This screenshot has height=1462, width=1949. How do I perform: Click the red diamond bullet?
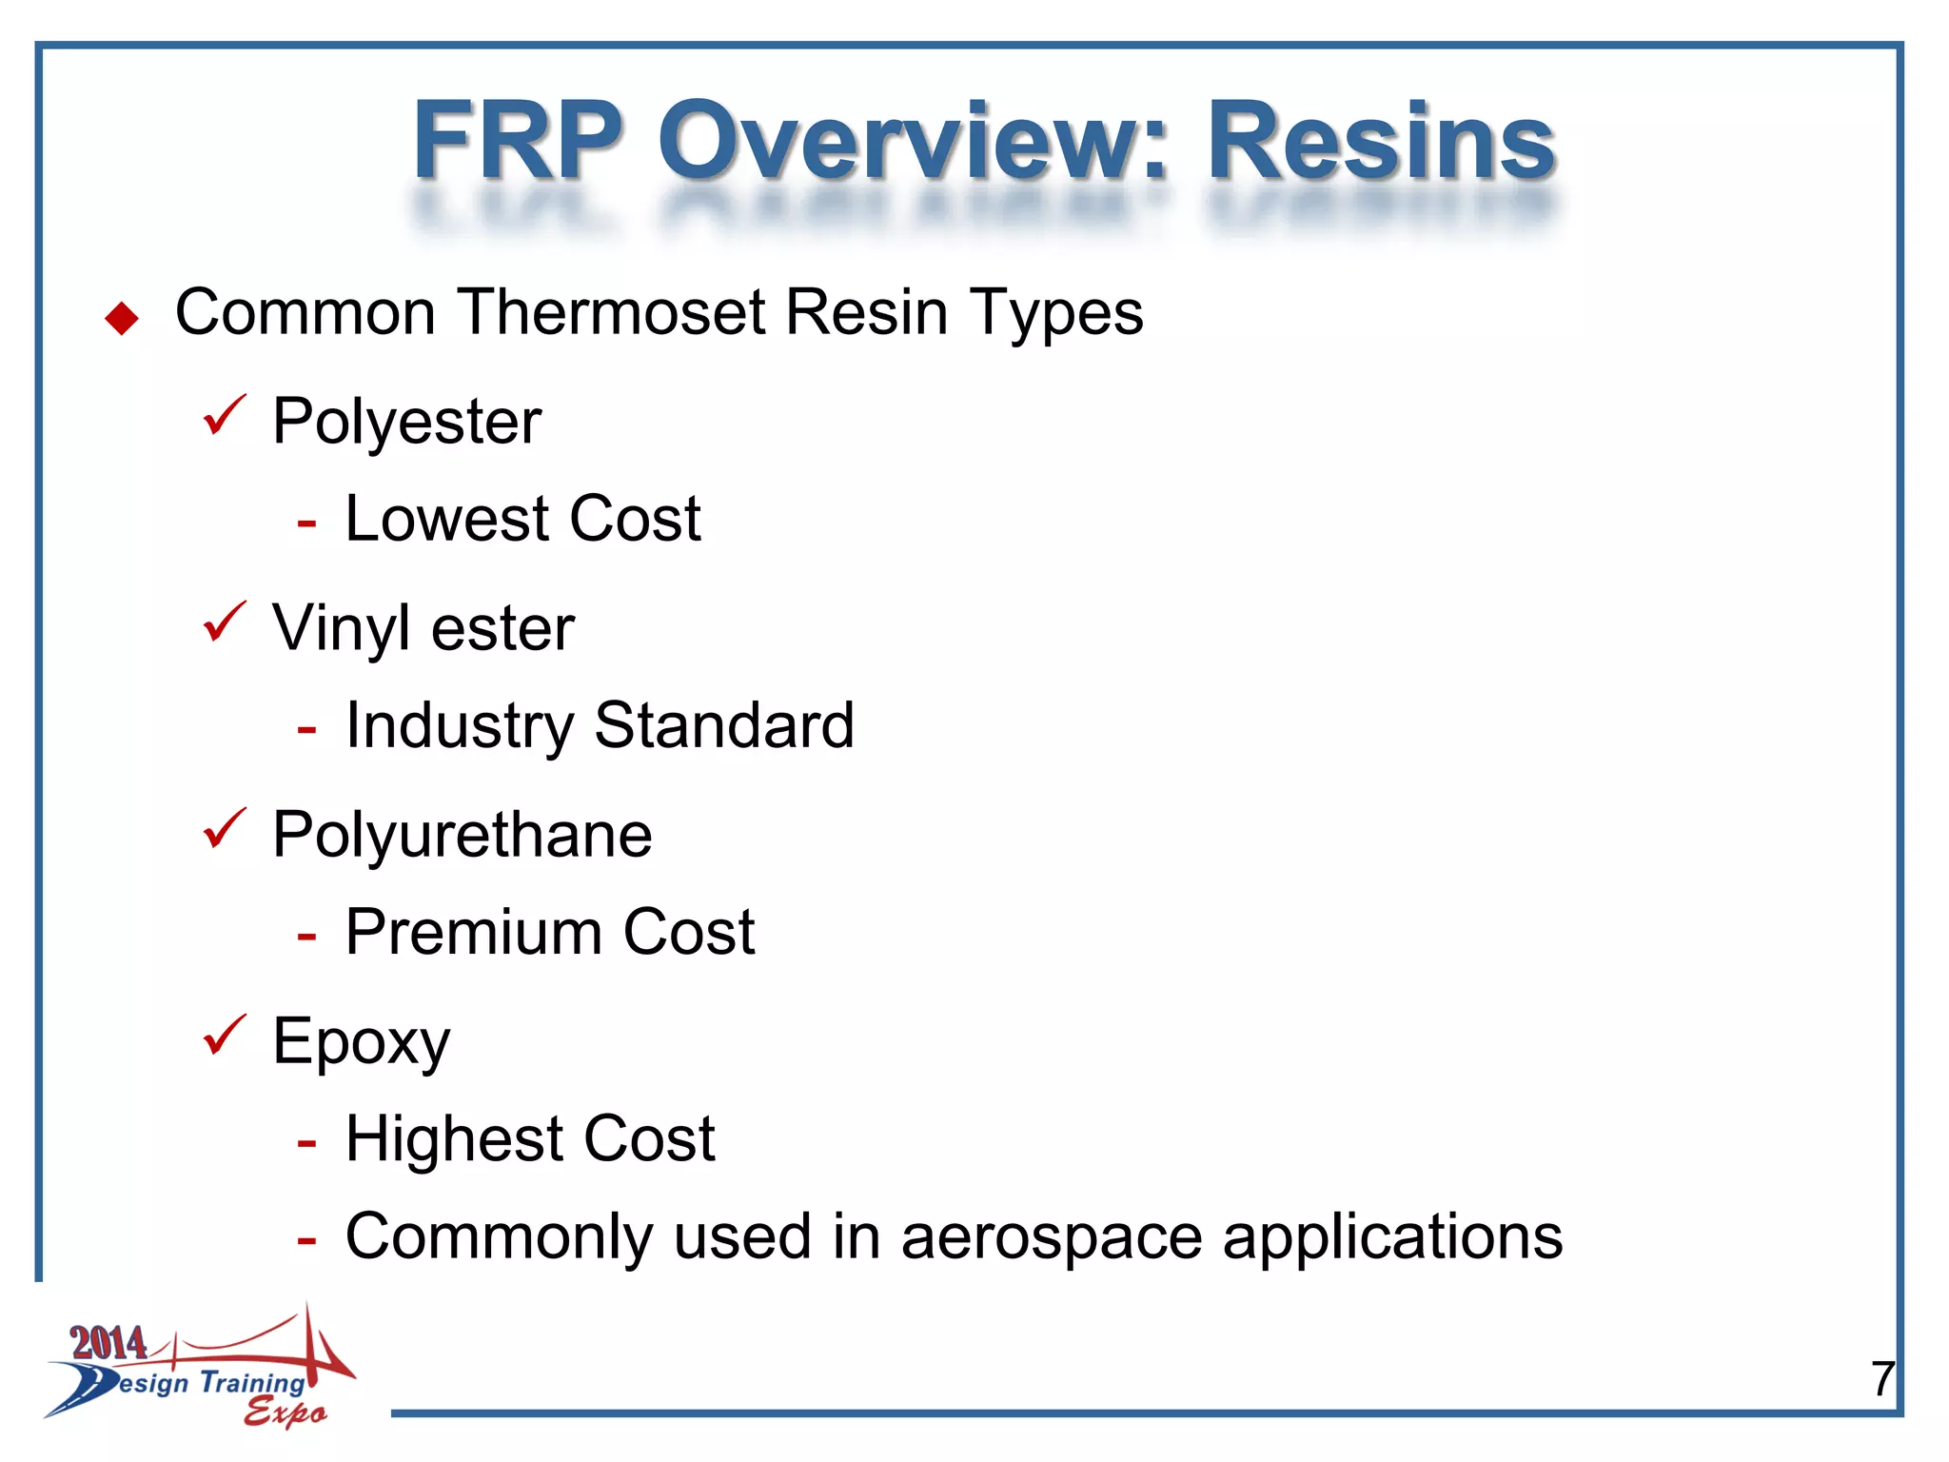tap(122, 318)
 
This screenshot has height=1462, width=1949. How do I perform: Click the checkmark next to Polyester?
tap(225, 415)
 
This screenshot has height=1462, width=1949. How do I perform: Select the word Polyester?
tap(406, 421)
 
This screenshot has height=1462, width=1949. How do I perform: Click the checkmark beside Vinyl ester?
tap(225, 622)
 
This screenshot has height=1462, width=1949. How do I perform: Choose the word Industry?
tap(460, 726)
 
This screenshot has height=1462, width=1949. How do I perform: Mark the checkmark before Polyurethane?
tap(225, 828)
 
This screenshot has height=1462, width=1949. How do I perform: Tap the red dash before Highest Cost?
tap(306, 1141)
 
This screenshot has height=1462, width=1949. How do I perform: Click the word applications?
tap(1392, 1238)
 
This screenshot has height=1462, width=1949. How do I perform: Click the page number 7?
tap(1882, 1378)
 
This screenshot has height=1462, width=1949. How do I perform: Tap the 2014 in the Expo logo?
tap(108, 1342)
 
